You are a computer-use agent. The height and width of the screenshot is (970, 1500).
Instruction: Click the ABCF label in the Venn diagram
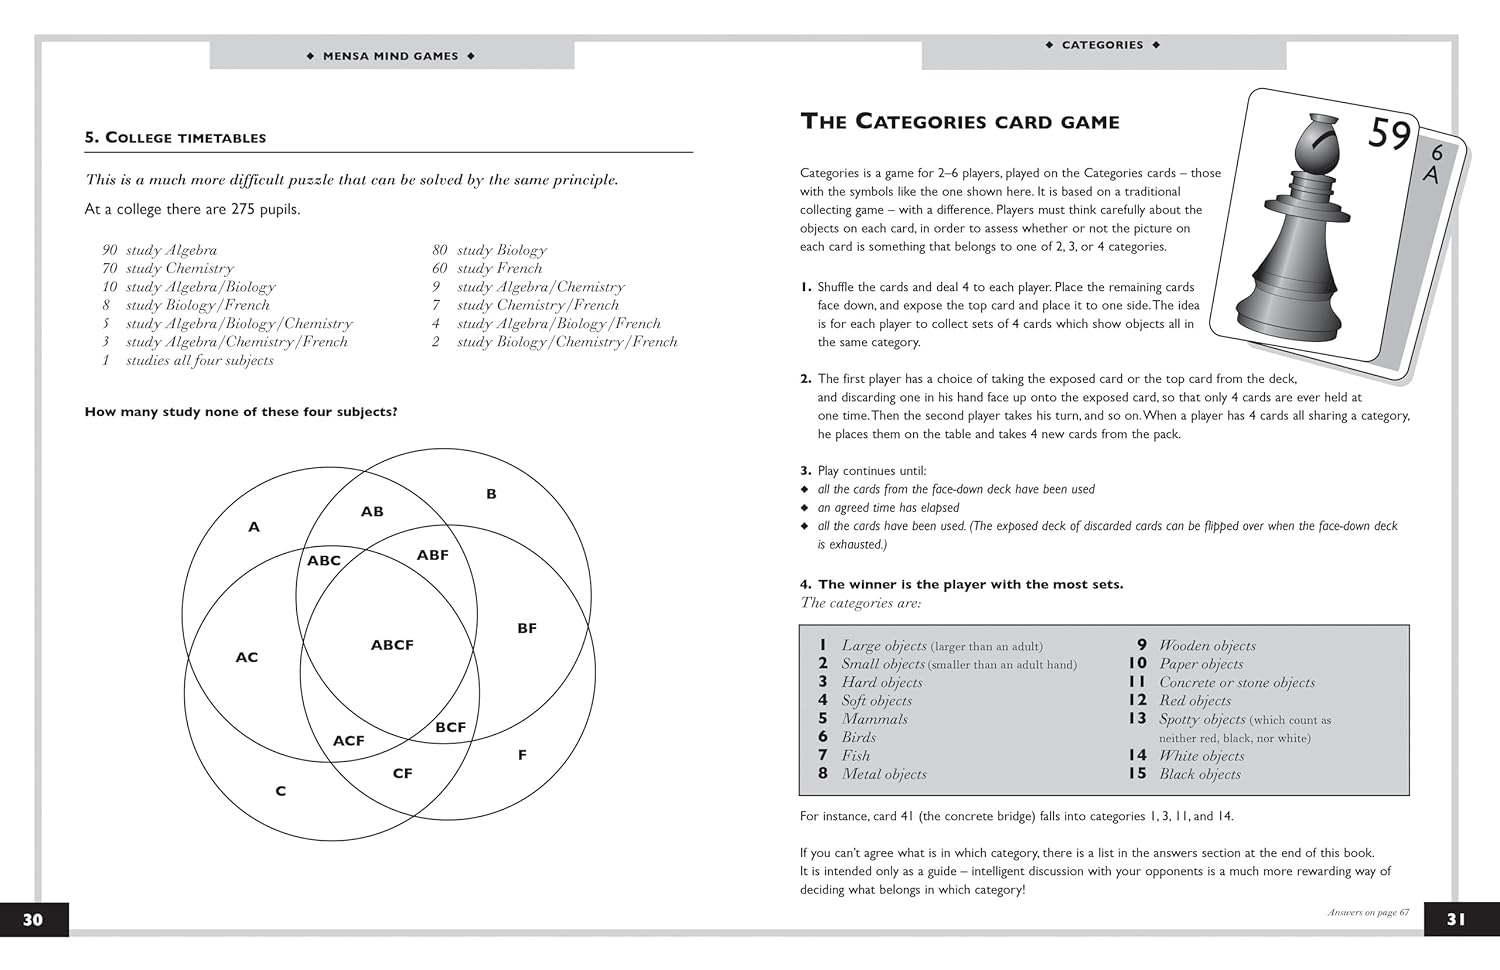pos(392,645)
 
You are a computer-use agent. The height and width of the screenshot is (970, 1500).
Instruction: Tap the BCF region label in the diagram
pos(450,727)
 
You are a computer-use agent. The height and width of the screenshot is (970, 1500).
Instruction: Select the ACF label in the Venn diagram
pos(348,740)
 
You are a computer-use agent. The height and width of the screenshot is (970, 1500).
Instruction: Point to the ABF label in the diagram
pos(432,555)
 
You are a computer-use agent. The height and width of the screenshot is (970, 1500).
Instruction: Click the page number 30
pos(33,919)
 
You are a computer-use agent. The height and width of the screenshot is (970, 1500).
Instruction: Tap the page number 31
pos(1456,919)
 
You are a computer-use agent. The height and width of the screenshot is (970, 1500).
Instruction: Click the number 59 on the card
pos(1389,134)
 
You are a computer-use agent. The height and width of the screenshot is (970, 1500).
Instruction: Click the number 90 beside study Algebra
pos(109,250)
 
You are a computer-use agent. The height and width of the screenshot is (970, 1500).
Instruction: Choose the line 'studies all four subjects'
pos(199,360)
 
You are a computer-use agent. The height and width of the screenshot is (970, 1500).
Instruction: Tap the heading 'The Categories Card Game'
pos(960,122)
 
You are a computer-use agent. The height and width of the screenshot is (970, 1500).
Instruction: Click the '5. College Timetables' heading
pos(175,138)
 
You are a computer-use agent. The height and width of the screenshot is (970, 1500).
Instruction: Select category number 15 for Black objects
pos(1137,773)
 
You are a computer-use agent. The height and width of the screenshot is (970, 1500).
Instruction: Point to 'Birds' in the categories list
pos(858,737)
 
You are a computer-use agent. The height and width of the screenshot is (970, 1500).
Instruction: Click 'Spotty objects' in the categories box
pos(1202,719)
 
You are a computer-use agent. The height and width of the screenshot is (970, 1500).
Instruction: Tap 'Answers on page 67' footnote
pos(1368,912)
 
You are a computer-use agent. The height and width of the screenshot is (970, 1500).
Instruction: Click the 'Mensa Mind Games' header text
pos(391,56)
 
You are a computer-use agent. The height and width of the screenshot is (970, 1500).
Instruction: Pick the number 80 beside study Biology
pos(440,250)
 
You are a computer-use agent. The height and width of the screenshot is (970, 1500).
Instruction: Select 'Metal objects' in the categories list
pos(884,774)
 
